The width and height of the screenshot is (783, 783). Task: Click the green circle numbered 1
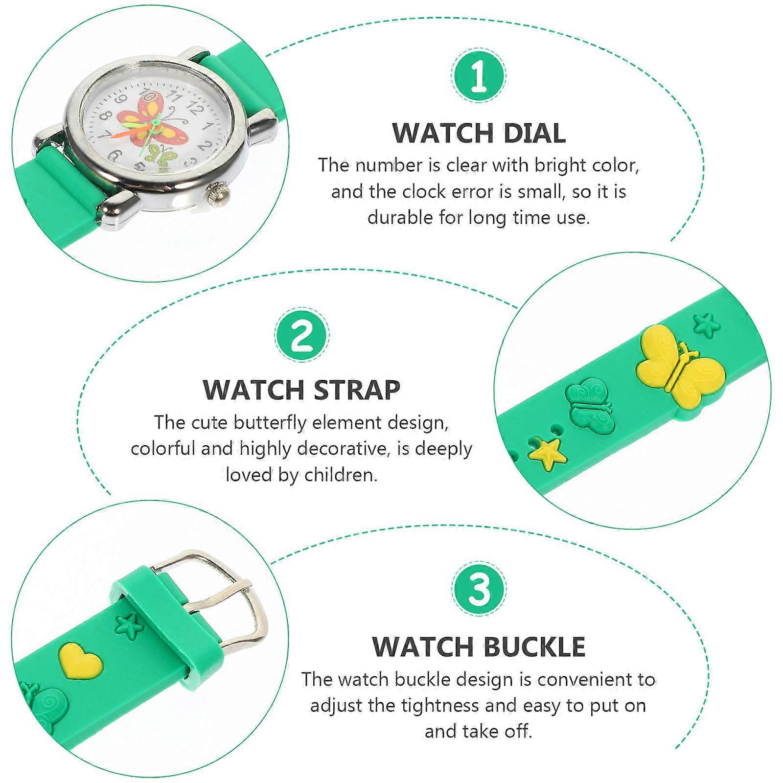[479, 77]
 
